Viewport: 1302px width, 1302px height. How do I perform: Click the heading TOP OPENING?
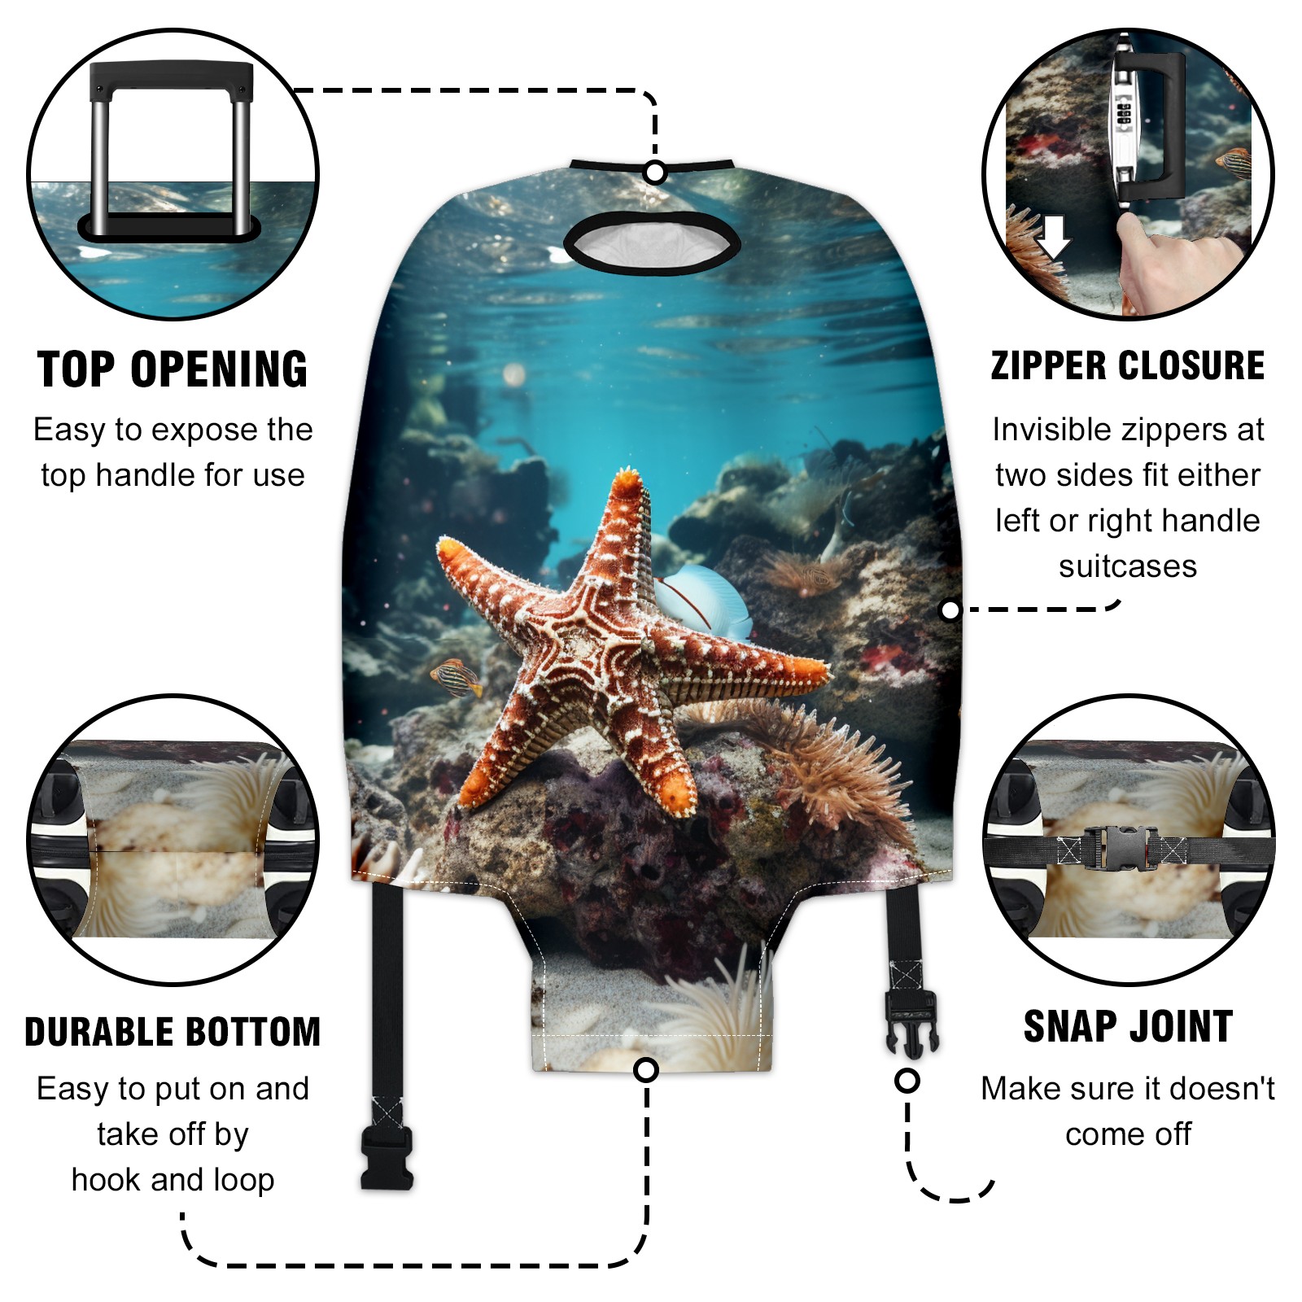173,369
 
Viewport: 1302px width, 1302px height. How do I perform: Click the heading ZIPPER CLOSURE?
1128,366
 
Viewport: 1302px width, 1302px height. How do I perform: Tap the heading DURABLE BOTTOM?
173,1032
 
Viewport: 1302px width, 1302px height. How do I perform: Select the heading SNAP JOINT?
1128,1026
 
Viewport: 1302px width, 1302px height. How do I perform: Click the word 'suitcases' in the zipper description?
1128,566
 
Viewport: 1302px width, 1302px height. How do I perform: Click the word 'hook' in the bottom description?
105,1179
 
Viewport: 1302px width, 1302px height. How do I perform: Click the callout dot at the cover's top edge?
655,173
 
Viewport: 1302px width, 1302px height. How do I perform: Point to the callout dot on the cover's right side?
950,610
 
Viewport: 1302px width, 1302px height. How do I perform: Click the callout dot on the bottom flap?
646,1069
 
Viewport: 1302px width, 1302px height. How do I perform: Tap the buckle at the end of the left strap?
387,1157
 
